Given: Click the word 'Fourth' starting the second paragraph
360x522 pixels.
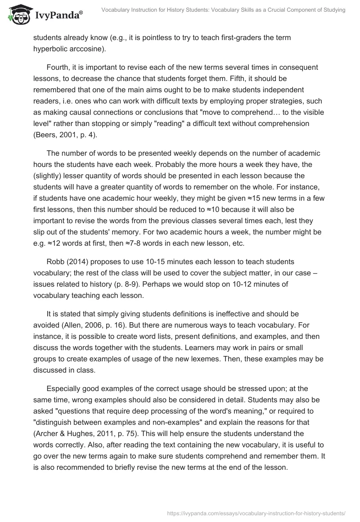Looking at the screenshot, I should point(58,67).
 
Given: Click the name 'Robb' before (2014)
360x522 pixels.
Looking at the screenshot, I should point(55,262).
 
